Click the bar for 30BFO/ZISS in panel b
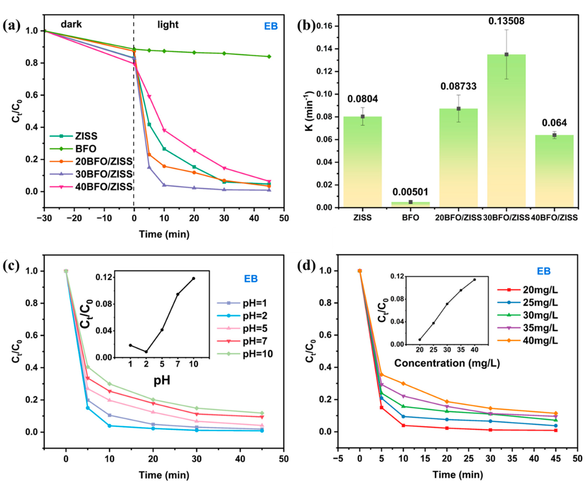506,131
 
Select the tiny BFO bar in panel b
411,204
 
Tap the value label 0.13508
506,21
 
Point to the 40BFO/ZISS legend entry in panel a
103,187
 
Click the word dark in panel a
71,25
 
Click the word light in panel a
168,25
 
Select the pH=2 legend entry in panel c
255,316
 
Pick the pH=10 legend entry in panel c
257,354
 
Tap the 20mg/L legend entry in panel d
540,290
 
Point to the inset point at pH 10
193,278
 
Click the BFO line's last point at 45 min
269,57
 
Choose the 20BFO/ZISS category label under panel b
458,218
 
